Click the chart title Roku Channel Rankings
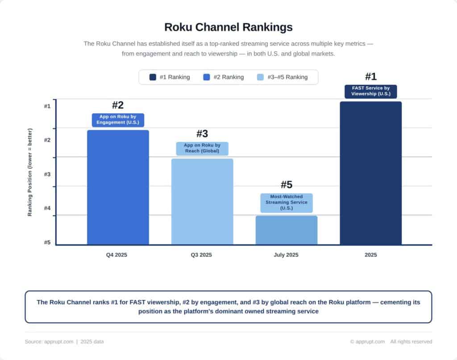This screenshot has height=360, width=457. (228, 27)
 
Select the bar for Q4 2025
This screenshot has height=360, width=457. (118, 188)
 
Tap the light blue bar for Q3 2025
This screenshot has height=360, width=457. (202, 202)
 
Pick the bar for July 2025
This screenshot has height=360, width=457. (286, 230)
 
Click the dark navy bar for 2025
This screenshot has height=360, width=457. (370, 173)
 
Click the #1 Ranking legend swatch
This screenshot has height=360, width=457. (153, 77)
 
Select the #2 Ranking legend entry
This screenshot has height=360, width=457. (223, 77)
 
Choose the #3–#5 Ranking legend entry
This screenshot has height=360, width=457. (283, 77)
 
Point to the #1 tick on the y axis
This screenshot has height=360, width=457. (47, 106)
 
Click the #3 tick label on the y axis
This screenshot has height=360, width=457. (47, 175)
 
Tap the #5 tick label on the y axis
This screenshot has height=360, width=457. (47, 243)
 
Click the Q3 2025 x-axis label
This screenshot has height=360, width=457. (201, 255)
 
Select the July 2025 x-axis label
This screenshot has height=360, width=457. (286, 255)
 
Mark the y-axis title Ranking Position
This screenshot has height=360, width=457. (30, 172)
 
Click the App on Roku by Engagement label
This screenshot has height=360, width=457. (118, 120)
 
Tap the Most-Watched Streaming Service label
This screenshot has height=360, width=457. (286, 202)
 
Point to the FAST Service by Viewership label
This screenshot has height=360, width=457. (370, 91)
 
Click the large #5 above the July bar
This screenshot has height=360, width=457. (286, 185)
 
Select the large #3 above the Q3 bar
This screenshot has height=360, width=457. (202, 134)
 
